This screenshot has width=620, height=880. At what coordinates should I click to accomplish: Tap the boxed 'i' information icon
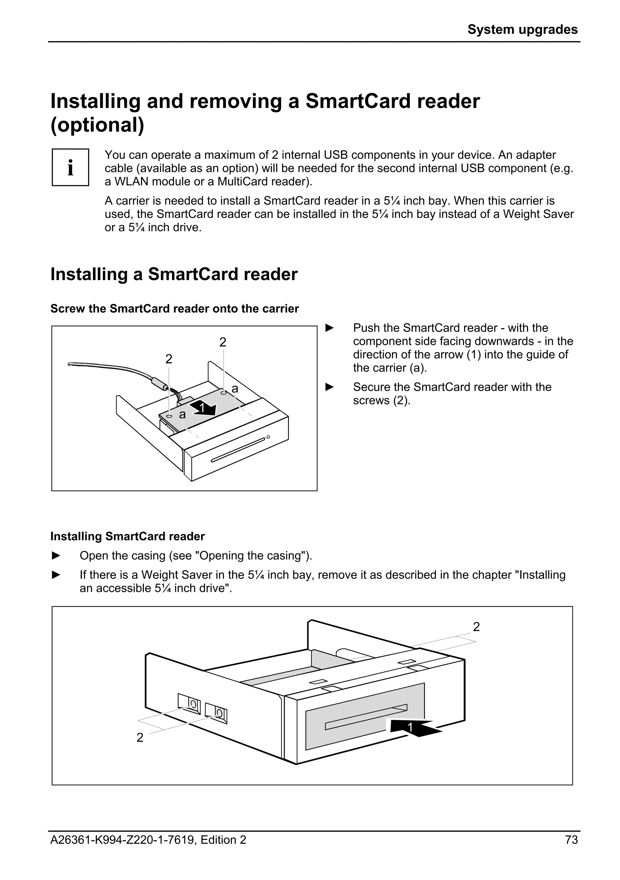coord(71,167)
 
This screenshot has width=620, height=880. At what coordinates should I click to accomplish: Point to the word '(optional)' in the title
coord(97,125)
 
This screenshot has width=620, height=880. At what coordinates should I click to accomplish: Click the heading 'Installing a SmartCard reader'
coord(174,275)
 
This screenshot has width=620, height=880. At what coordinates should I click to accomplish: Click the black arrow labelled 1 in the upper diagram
coord(203,408)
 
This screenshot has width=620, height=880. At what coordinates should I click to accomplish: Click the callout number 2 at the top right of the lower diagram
coord(476,627)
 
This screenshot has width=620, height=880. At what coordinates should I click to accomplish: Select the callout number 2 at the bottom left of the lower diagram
coord(140,737)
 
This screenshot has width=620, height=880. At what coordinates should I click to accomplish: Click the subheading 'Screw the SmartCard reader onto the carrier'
coord(174,308)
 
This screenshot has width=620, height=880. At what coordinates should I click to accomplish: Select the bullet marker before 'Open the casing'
coord(56,556)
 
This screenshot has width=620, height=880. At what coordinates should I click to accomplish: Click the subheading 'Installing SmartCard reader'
coord(127,536)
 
